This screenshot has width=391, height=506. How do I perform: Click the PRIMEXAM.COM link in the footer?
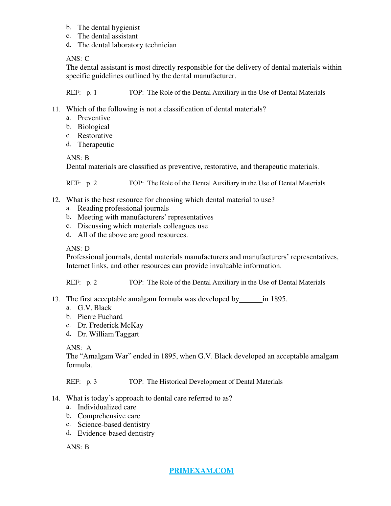[201, 471]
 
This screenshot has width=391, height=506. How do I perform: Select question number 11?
[56, 109]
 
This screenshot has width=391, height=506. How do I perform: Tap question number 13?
[56, 299]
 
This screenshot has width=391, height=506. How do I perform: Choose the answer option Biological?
[93, 127]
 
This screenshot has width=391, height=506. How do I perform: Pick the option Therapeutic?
[96, 145]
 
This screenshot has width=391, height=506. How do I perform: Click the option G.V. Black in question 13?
[94, 308]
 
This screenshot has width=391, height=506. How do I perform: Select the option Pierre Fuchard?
[100, 317]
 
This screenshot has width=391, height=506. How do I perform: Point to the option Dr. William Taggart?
[108, 334]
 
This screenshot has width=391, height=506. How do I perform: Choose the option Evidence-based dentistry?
[116, 433]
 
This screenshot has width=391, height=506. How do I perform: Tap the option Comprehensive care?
[109, 416]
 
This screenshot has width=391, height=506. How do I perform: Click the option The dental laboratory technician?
[127, 45]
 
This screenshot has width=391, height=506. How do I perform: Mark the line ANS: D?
[78, 248]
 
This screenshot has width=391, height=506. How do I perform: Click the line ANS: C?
[78, 58]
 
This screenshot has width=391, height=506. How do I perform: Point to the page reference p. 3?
[92, 382]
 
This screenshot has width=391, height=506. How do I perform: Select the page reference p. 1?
[92, 93]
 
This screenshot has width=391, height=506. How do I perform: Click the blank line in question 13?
[251, 299]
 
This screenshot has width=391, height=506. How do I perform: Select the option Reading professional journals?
[123, 208]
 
